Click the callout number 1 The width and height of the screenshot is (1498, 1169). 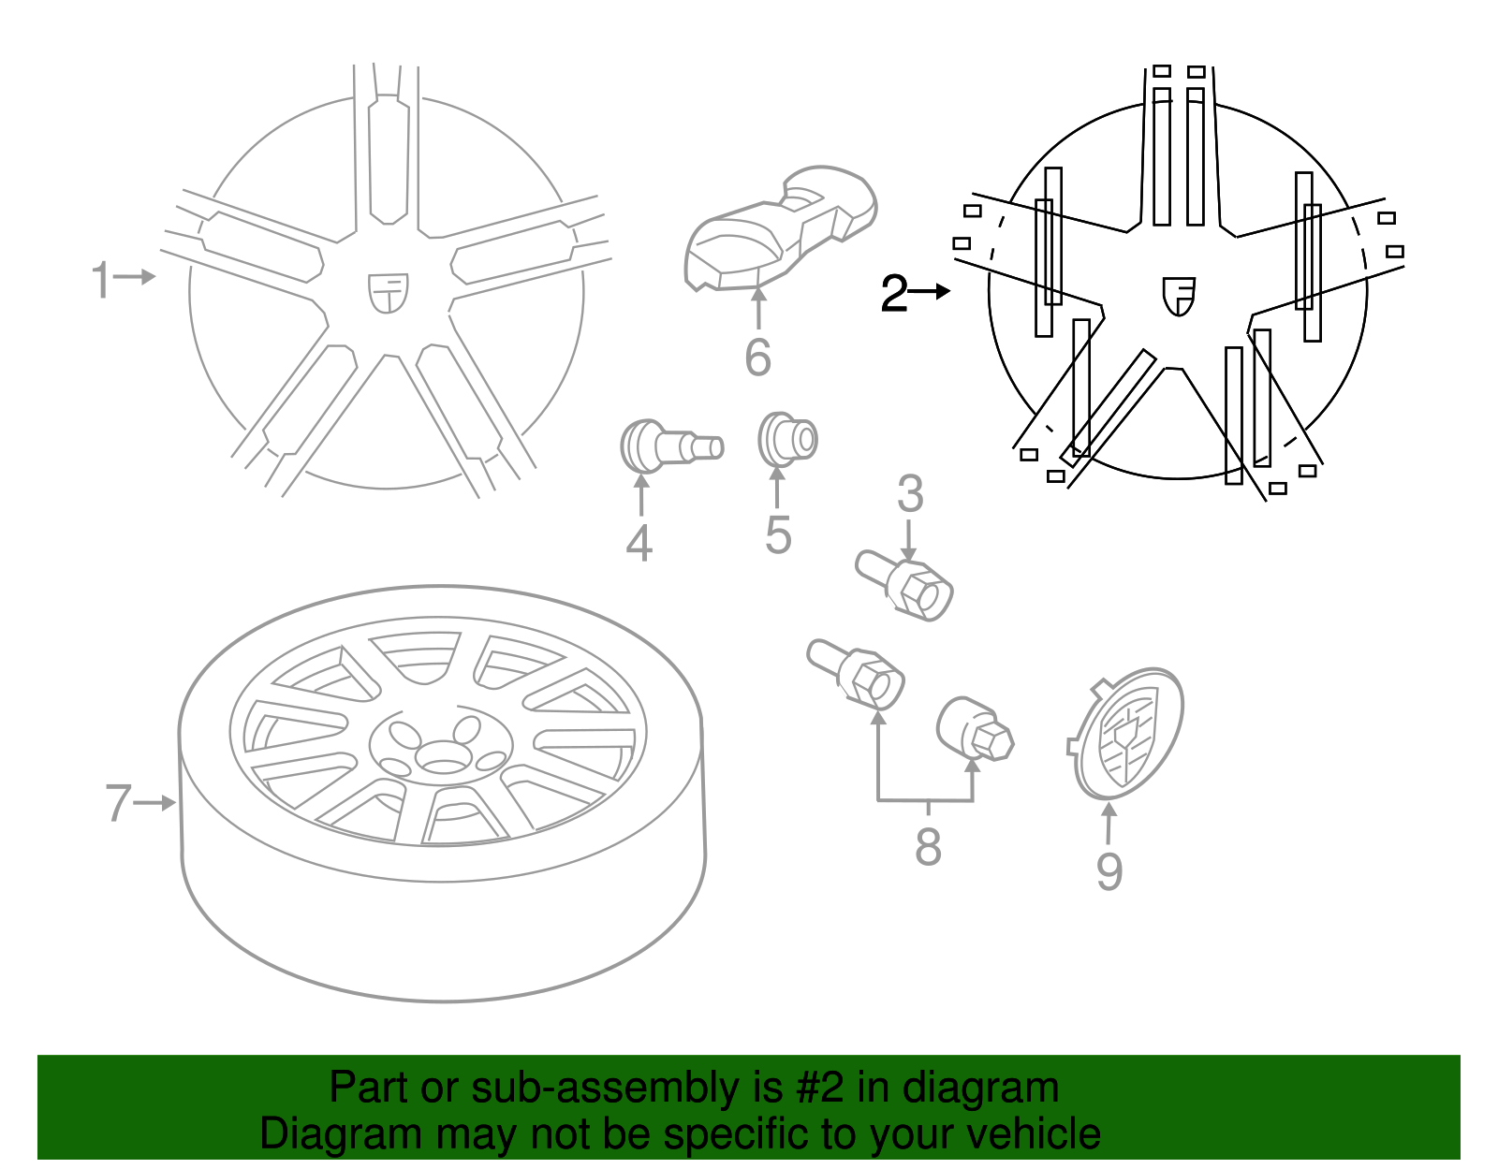coord(100,280)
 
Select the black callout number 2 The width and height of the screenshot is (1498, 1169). coord(894,294)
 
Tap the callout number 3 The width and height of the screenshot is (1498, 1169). coord(910,494)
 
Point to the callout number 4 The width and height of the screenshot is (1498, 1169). coord(639,544)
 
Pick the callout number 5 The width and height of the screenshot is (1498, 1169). coord(778,535)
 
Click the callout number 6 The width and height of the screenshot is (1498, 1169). coord(757,357)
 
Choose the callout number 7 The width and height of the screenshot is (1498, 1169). coord(118,803)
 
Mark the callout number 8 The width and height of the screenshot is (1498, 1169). coord(927,847)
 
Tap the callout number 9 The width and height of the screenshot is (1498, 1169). coord(1109,871)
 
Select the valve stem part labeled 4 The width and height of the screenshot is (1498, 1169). coord(669,446)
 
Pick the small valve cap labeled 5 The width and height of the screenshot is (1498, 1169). coord(787,439)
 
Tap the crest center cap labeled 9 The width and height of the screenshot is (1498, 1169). coord(1127,733)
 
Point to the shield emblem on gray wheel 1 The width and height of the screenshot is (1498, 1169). coord(388,293)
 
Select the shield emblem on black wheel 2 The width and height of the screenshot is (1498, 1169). coord(1179,296)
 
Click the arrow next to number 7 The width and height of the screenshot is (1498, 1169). coord(155,803)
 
